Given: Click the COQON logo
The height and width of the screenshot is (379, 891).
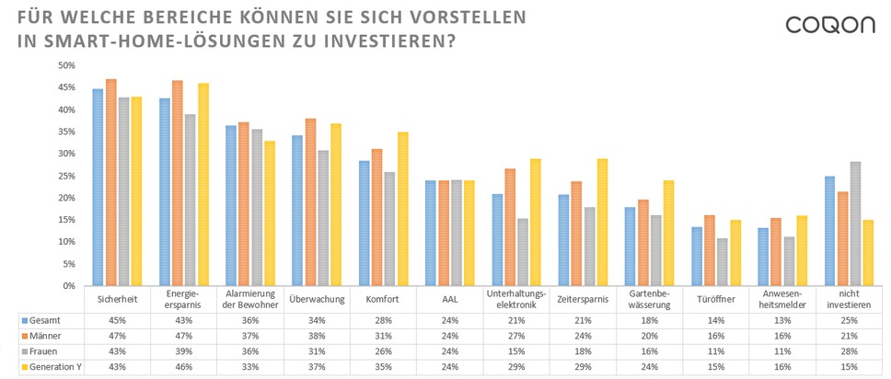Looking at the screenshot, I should (x=830, y=25).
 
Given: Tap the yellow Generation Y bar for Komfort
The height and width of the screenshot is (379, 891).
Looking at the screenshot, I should (x=403, y=209).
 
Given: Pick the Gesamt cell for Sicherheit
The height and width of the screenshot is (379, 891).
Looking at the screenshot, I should (x=117, y=319).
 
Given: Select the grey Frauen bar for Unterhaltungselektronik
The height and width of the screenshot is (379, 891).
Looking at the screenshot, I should (x=523, y=252).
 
